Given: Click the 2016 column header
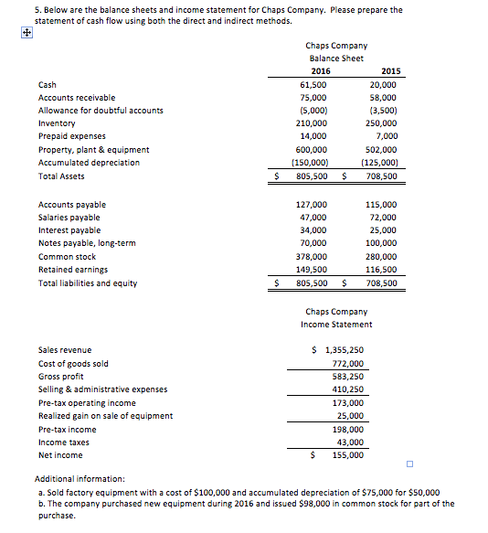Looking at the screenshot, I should click(x=321, y=71).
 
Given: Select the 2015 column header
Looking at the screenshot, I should click(x=389, y=71).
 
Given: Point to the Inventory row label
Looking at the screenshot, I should click(x=57, y=123).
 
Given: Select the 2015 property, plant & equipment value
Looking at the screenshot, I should click(x=381, y=149).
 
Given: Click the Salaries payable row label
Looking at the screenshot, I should click(x=69, y=218).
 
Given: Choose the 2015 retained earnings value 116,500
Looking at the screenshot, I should click(x=381, y=270).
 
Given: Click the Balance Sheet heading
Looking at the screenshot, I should click(x=336, y=58).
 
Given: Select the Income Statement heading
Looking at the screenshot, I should click(x=336, y=325).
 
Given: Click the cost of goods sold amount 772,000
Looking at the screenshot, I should click(x=347, y=363).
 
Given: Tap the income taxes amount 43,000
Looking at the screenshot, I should click(x=349, y=442).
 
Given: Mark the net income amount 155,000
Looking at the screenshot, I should click(x=347, y=454).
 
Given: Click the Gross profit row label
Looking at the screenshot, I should click(x=60, y=377).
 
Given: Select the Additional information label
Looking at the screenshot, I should click(x=80, y=478).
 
